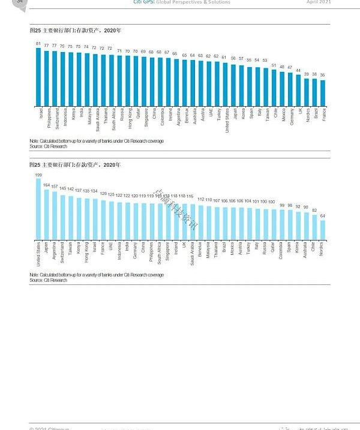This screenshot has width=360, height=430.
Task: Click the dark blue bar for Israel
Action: (x=38, y=77)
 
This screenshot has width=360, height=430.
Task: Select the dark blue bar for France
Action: (x=323, y=93)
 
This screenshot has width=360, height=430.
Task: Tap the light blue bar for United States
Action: (x=38, y=209)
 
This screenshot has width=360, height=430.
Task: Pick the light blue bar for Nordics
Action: (x=323, y=230)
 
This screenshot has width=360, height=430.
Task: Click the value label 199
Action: (x=38, y=175)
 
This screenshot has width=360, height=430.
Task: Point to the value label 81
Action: (x=38, y=44)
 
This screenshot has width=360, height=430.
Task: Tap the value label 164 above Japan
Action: (x=46, y=185)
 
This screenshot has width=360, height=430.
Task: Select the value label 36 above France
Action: (x=323, y=75)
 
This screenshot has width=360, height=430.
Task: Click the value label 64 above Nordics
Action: (x=323, y=216)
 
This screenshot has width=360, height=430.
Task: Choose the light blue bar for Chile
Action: (x=314, y=227)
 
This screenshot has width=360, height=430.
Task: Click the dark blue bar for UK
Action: (x=298, y=91)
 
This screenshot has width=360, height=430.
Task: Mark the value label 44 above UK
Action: (x=298, y=70)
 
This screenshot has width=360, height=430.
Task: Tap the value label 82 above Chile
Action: (x=314, y=211)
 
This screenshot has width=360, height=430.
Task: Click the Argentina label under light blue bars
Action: (x=55, y=252)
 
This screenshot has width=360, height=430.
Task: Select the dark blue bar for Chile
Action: (x=274, y=88)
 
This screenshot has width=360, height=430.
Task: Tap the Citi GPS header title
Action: (x=181, y=2)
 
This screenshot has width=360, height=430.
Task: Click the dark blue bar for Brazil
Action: (x=314, y=92)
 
